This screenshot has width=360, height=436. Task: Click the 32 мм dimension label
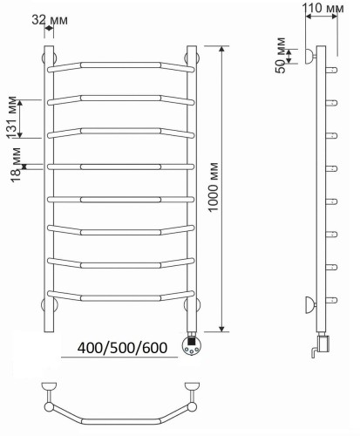[50, 20]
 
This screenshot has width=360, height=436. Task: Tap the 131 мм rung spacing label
[11, 117]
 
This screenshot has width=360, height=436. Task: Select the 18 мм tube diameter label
[16, 165]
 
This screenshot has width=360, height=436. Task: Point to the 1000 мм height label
[213, 187]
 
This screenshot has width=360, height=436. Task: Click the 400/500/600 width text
[122, 348]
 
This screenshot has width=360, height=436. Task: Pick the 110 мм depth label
[323, 8]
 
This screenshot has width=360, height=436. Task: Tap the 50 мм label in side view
[281, 56]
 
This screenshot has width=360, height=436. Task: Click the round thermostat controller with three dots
[191, 345]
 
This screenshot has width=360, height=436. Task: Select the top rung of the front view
[120, 65]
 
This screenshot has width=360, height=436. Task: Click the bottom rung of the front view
[120, 297]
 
